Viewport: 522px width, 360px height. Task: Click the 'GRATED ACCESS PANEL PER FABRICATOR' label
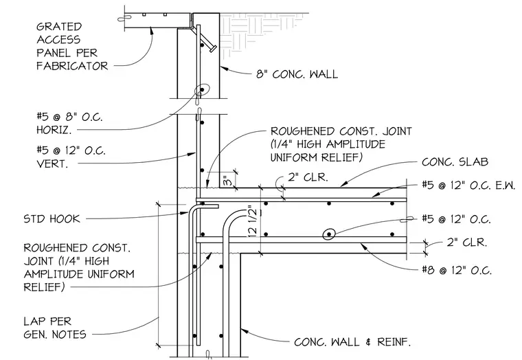(72, 46)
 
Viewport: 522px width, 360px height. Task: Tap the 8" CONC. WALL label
(297, 74)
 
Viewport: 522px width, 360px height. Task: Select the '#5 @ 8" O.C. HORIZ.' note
(69, 123)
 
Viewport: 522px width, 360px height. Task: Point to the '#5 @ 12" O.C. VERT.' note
(71, 157)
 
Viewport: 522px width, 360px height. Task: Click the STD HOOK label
(52, 218)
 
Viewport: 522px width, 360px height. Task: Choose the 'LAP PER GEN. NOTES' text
(55, 328)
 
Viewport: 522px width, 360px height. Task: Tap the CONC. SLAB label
(455, 162)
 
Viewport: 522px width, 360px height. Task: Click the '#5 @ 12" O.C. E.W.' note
(469, 185)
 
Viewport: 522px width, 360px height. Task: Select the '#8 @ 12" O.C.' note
(457, 270)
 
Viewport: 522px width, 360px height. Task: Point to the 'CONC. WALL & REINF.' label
(352, 342)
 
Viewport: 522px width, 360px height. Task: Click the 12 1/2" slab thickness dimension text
(253, 222)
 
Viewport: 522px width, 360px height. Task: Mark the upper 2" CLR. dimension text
(308, 177)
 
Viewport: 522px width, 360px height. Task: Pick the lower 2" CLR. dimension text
(467, 242)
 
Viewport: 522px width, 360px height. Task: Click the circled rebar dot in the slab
(329, 234)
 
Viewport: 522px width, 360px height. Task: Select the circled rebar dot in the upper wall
(202, 89)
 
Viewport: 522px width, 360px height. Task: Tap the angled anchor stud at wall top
(209, 44)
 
